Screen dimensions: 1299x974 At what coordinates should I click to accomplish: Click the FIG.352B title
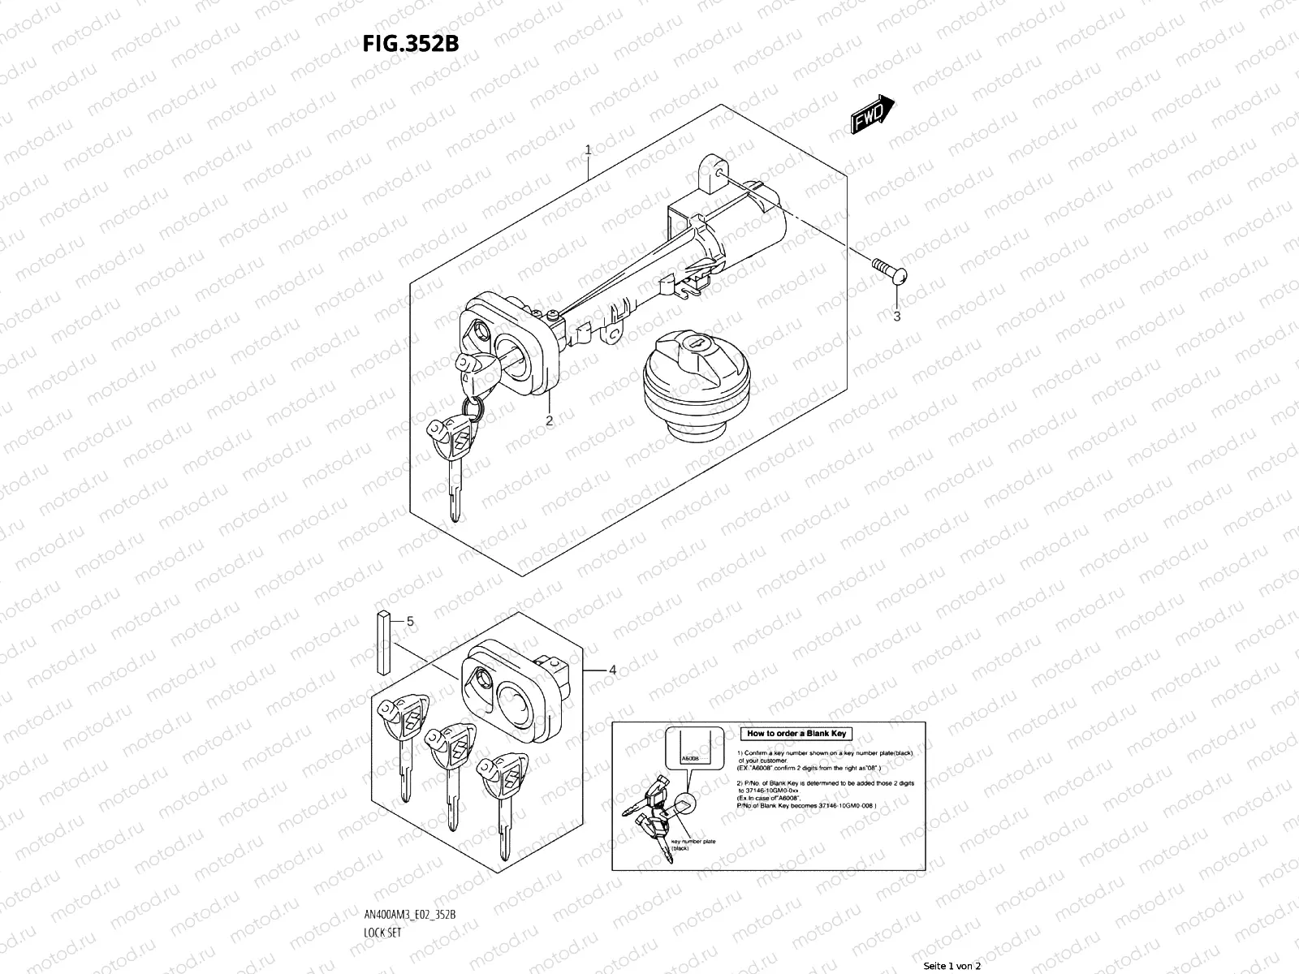click(411, 42)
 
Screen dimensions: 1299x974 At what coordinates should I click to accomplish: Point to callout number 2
click(550, 420)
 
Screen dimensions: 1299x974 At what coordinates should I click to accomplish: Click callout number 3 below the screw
click(896, 317)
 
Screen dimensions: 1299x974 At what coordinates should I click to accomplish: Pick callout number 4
click(612, 670)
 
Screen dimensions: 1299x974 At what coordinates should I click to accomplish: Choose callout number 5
click(410, 621)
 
